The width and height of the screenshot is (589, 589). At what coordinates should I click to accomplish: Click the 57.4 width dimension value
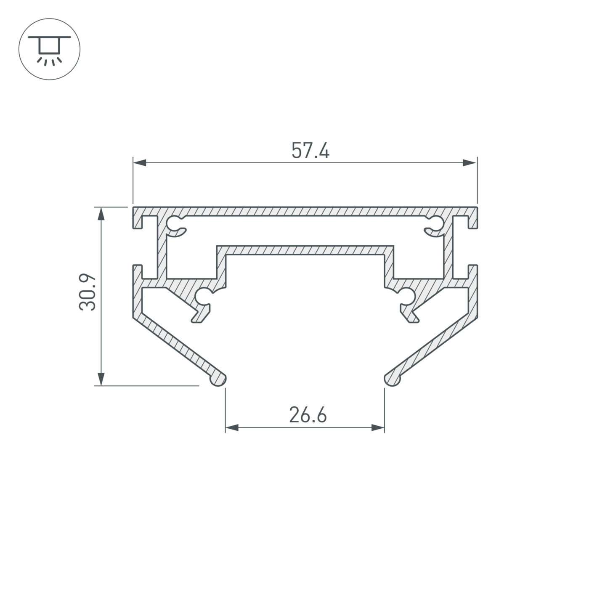coord(310,150)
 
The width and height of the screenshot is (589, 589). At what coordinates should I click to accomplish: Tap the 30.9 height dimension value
coord(88,292)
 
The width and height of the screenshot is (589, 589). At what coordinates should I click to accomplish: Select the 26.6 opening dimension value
coord(308,414)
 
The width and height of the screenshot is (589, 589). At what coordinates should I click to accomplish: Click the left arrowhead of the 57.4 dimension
coord(140,163)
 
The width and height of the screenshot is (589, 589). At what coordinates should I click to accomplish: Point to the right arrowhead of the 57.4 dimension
coord(470,163)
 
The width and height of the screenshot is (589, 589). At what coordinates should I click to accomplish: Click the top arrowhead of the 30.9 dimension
coord(101,214)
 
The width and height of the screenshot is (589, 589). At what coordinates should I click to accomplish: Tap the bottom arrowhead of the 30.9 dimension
coord(101,379)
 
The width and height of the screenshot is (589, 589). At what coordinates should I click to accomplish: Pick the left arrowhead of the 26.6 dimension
coord(232,427)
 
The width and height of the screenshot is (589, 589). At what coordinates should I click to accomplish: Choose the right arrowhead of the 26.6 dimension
coord(378,427)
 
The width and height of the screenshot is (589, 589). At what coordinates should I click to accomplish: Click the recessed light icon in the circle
coord(49,49)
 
